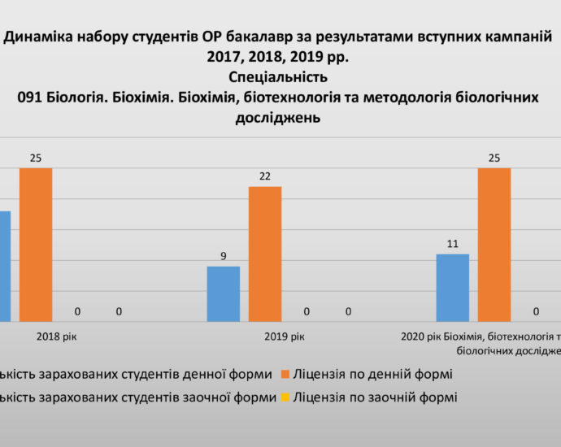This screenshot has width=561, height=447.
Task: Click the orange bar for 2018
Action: coord(36,245)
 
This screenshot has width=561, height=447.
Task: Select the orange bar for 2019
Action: coord(265,254)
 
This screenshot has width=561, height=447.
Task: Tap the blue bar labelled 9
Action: coord(224,293)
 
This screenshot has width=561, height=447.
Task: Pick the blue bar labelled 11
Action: coord(453,288)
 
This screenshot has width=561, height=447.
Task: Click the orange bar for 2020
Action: coord(494,245)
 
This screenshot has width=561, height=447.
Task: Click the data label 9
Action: coord(224,256)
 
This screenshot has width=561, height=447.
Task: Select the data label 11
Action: coord(453,244)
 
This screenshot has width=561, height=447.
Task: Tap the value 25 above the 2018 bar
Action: coord(36,158)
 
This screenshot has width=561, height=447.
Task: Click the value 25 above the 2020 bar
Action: coord(494,158)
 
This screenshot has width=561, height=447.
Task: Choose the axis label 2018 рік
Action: coord(57,336)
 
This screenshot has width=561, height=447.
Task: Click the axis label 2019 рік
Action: coord(286,336)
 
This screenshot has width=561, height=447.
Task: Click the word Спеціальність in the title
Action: coord(279,77)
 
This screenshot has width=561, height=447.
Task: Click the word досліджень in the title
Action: coord(278,117)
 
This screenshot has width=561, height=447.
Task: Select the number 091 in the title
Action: coord(33,97)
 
